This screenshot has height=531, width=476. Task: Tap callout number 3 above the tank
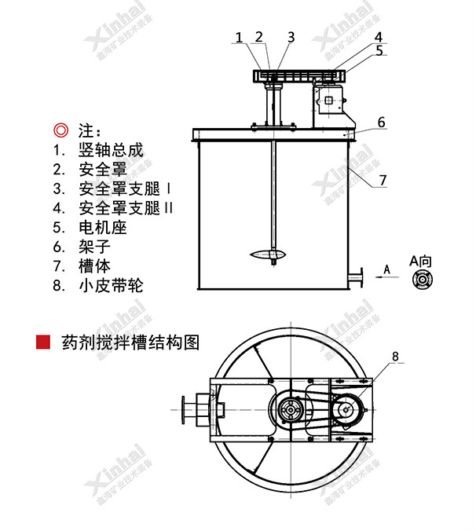pos(291,37)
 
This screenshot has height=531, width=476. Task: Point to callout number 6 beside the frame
pos(381,122)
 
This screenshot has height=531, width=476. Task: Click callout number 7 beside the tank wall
pos(383,180)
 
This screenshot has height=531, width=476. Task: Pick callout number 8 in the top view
pos(394,356)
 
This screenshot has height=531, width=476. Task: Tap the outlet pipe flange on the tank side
pos(357,278)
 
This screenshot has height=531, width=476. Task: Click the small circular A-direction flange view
pos(422,279)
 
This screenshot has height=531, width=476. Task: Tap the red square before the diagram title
pos(44,342)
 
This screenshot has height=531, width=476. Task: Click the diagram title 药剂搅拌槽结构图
pos(130,342)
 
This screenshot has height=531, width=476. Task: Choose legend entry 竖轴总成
pos(111,149)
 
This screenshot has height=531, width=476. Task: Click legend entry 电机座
pos(103,228)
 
